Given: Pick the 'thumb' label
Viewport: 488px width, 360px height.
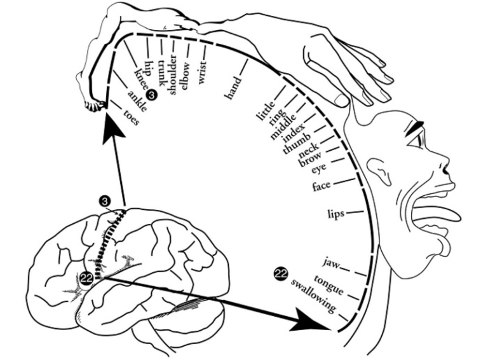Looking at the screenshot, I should [295, 142].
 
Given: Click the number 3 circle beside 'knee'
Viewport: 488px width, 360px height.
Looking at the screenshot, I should [151, 94].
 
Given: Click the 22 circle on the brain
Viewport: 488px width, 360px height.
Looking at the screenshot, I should [87, 278].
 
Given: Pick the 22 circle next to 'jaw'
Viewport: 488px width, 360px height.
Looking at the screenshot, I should [280, 273].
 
